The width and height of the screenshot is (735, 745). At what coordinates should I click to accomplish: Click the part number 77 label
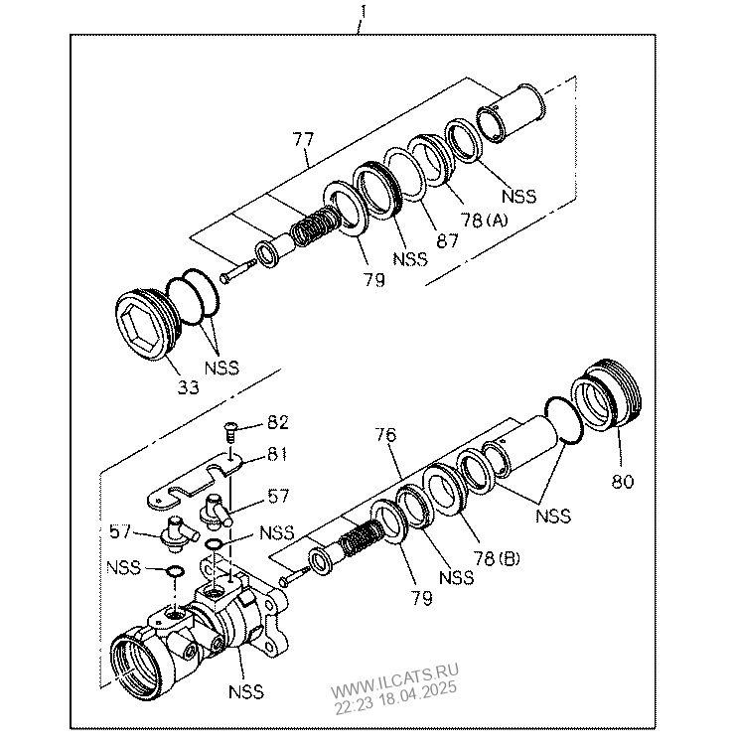point(303,140)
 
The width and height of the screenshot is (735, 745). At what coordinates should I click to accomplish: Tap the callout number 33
point(188,387)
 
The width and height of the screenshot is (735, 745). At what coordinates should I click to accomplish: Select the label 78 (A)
point(484,220)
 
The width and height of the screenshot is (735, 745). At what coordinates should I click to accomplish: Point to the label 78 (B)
point(497,558)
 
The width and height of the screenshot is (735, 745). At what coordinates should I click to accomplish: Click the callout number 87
point(447,241)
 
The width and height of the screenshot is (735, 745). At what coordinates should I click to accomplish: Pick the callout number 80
point(623,482)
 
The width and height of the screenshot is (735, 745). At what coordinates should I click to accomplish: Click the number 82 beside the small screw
point(278,422)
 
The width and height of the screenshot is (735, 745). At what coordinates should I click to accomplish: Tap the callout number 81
point(277,454)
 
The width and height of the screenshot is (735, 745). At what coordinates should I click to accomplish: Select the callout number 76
point(385,435)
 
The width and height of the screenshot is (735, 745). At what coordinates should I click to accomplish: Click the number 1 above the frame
point(364,12)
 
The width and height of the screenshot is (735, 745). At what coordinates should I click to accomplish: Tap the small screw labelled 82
point(230,432)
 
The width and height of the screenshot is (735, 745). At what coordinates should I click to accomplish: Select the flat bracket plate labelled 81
point(196,483)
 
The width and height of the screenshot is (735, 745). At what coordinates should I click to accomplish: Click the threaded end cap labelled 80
point(607,395)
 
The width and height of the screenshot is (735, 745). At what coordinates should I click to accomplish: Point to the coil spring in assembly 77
point(316,226)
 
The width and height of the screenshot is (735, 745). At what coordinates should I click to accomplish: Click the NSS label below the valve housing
point(245,691)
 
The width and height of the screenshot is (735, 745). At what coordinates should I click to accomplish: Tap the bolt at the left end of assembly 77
point(237,270)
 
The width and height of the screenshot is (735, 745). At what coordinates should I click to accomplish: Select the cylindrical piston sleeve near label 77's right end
point(511,113)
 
